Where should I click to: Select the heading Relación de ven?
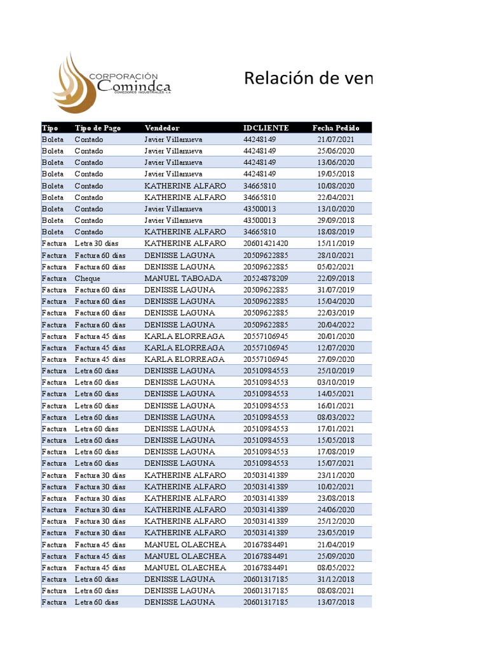(308, 79)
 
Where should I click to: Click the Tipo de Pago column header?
(97, 128)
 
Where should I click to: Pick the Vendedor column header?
(162, 128)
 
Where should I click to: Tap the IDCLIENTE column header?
(266, 128)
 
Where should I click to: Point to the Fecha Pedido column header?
(336, 128)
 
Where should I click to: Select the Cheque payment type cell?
(87, 278)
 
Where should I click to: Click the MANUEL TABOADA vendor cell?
(183, 278)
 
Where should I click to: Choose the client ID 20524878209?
(266, 278)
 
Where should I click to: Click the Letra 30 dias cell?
(96, 243)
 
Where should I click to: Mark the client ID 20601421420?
(266, 243)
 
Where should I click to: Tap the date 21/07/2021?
(336, 139)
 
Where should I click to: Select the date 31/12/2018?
(336, 579)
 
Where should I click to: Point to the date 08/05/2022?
(336, 567)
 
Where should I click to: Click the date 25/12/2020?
(336, 521)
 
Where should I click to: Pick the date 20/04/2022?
(336, 324)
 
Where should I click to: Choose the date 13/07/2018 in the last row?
(336, 602)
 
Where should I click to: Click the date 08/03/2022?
(336, 417)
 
